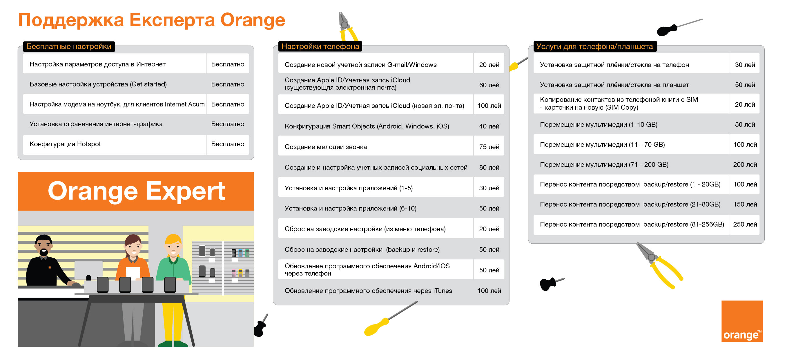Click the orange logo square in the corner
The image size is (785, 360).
pyautogui.click(x=742, y=321)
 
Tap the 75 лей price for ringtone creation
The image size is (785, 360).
pyautogui.click(x=489, y=146)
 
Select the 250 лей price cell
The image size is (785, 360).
pyautogui.click(x=745, y=224)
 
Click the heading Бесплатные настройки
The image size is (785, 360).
pyautogui.click(x=68, y=46)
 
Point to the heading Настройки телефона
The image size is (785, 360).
pyautogui.click(x=320, y=46)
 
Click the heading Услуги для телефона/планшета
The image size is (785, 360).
pyautogui.click(x=594, y=46)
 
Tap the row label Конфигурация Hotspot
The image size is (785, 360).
pyautogui.click(x=65, y=144)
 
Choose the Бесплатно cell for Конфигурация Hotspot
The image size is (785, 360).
pyautogui.click(x=227, y=144)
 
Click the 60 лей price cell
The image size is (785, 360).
pyautogui.click(x=489, y=85)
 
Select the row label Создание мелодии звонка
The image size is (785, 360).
pyautogui.click(x=325, y=146)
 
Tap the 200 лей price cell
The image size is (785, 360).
pyautogui.click(x=745, y=164)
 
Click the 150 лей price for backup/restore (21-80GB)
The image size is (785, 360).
pyautogui.click(x=745, y=204)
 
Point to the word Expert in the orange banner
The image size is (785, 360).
pyautogui.click(x=185, y=191)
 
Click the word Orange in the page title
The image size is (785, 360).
pyautogui.click(x=253, y=20)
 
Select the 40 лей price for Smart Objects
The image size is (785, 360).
pyautogui.click(x=489, y=126)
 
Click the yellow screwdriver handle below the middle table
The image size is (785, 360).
pyautogui.click(x=377, y=327)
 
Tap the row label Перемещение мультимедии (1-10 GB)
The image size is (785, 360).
pyautogui.click(x=599, y=124)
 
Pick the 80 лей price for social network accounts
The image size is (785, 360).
pyautogui.click(x=489, y=167)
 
